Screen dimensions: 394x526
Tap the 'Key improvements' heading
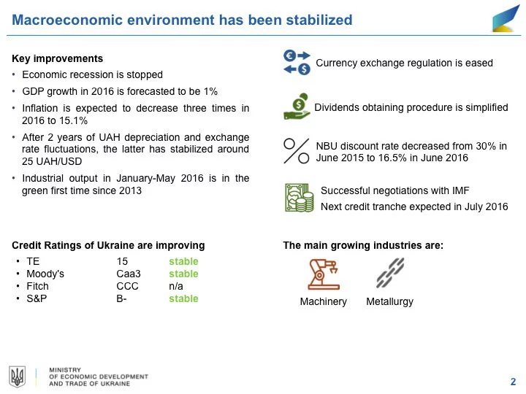58,58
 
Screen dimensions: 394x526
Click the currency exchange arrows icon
297,62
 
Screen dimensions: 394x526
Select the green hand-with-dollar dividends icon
297,106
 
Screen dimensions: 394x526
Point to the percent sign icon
297,150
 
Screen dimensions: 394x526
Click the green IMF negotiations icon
297,196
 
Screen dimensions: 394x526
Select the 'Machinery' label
323,301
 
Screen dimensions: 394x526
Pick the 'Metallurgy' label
389,301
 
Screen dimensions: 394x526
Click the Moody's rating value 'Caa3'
128,274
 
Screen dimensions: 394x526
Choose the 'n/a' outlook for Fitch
175,286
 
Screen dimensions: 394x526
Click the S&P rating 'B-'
121,298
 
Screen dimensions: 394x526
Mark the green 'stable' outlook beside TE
183,261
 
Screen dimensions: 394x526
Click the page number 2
513,381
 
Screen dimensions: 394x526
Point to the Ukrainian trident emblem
17,376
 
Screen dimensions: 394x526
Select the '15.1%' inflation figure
74,120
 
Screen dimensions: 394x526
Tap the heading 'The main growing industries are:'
362,245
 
